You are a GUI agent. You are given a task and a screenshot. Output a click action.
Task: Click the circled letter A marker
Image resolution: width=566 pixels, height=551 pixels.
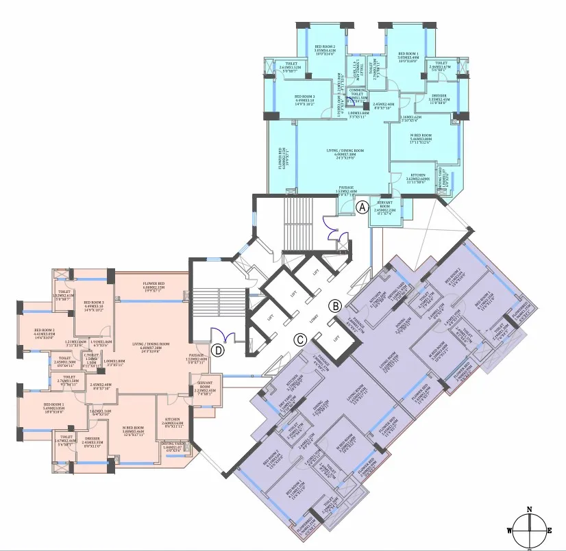(x=362, y=205)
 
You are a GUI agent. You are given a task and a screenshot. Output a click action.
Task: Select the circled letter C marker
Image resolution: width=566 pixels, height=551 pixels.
(x=299, y=338)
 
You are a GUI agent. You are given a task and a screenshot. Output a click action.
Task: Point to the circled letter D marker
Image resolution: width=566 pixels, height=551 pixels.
(x=218, y=350)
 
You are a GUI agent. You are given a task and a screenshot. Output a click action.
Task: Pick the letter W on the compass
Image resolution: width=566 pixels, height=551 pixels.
(x=509, y=530)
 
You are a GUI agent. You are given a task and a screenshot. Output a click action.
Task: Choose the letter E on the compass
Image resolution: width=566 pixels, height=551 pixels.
(x=550, y=530)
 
